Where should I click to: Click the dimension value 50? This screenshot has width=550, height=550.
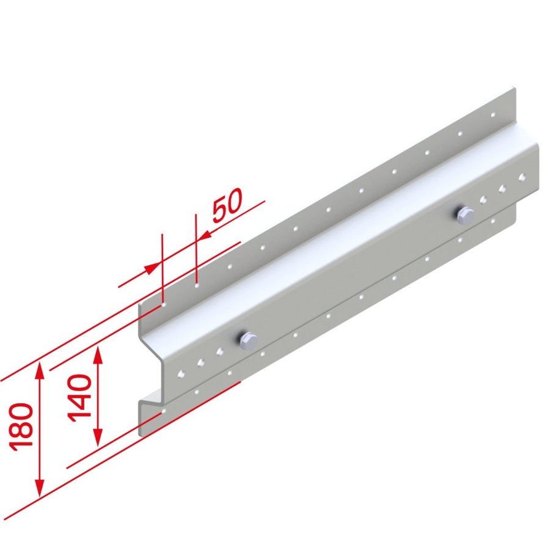(x=227, y=207)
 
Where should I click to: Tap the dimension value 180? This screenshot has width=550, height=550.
(x=21, y=426)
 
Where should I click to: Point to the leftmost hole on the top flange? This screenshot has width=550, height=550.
(x=165, y=302)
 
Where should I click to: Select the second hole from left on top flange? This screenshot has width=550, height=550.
(x=197, y=284)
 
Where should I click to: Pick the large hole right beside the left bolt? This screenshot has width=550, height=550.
(x=219, y=352)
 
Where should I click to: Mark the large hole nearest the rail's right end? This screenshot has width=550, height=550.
(x=522, y=178)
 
